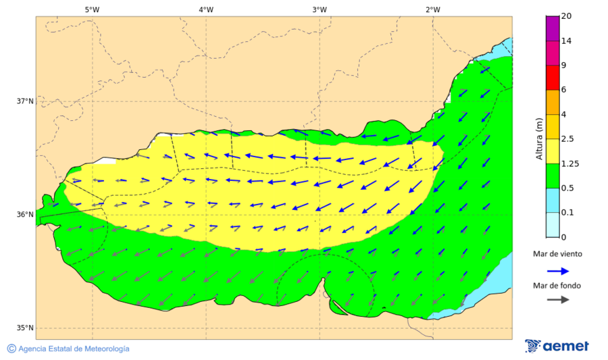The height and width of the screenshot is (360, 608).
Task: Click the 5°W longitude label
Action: pos(92,9)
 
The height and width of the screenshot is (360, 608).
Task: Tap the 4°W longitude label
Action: pos(206,9)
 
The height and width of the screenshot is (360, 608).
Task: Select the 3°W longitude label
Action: pos(320,9)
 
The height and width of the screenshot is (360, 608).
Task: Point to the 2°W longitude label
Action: pos(433,9)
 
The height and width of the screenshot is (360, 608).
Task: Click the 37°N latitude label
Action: pos(25,101)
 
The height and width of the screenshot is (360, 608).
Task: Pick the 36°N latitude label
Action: pos(25,215)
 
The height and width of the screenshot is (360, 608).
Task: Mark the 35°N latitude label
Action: pos(25,328)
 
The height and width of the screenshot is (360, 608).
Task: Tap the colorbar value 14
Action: pos(567,41)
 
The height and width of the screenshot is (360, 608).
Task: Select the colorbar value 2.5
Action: pos(569,139)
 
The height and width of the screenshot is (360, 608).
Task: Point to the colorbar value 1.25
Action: pos(572,163)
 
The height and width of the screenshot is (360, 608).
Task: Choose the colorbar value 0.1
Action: pos(569,213)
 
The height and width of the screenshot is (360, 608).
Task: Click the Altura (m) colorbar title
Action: pos(539,138)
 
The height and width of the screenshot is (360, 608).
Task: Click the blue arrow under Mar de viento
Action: pos(557,271)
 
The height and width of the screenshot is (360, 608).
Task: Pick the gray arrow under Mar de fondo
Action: pos(557,300)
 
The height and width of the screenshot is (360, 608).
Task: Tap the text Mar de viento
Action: pos(557,254)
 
